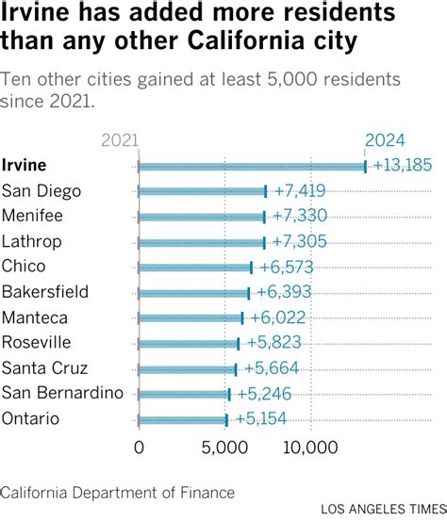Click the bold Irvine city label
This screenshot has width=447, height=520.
point(24,166)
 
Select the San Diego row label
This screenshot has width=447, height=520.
point(41,191)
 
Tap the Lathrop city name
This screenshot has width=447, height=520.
point(31,241)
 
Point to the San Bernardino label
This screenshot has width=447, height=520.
point(62,393)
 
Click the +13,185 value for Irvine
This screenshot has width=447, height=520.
point(403,166)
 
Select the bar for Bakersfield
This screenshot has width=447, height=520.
point(193,292)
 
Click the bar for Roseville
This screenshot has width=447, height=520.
point(189,343)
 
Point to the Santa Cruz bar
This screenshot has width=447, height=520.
point(187,368)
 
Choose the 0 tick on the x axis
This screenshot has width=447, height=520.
point(139,446)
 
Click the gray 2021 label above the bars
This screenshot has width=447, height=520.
point(120,140)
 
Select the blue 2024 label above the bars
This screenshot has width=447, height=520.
point(385,140)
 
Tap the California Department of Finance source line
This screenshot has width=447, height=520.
point(117,492)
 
